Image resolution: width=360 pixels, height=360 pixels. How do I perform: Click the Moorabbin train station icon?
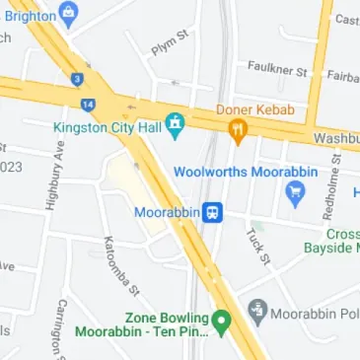click(212, 212)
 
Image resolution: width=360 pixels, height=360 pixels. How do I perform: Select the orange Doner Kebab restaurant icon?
click(237, 128)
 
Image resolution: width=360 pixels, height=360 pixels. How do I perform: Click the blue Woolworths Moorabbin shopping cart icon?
click(293, 191)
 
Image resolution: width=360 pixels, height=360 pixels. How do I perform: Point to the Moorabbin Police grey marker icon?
click(257, 313)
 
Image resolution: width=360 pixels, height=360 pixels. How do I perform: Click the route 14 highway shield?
click(89, 104)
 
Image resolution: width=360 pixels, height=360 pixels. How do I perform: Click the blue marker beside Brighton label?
click(68, 13)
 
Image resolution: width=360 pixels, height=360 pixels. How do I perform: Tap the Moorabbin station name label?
click(168, 212)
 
